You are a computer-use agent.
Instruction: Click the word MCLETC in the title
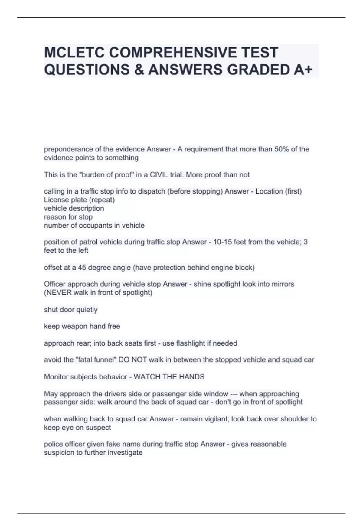coord(74,53)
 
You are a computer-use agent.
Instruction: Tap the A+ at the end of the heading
coord(303,70)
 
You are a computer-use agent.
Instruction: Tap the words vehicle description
coord(74,208)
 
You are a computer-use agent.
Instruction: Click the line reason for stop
coord(68,217)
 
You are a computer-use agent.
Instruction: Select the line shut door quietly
coord(70,310)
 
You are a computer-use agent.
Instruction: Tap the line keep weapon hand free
coord(82,326)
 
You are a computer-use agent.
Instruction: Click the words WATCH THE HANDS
coord(169,377)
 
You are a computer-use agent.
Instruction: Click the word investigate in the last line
coord(125,453)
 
